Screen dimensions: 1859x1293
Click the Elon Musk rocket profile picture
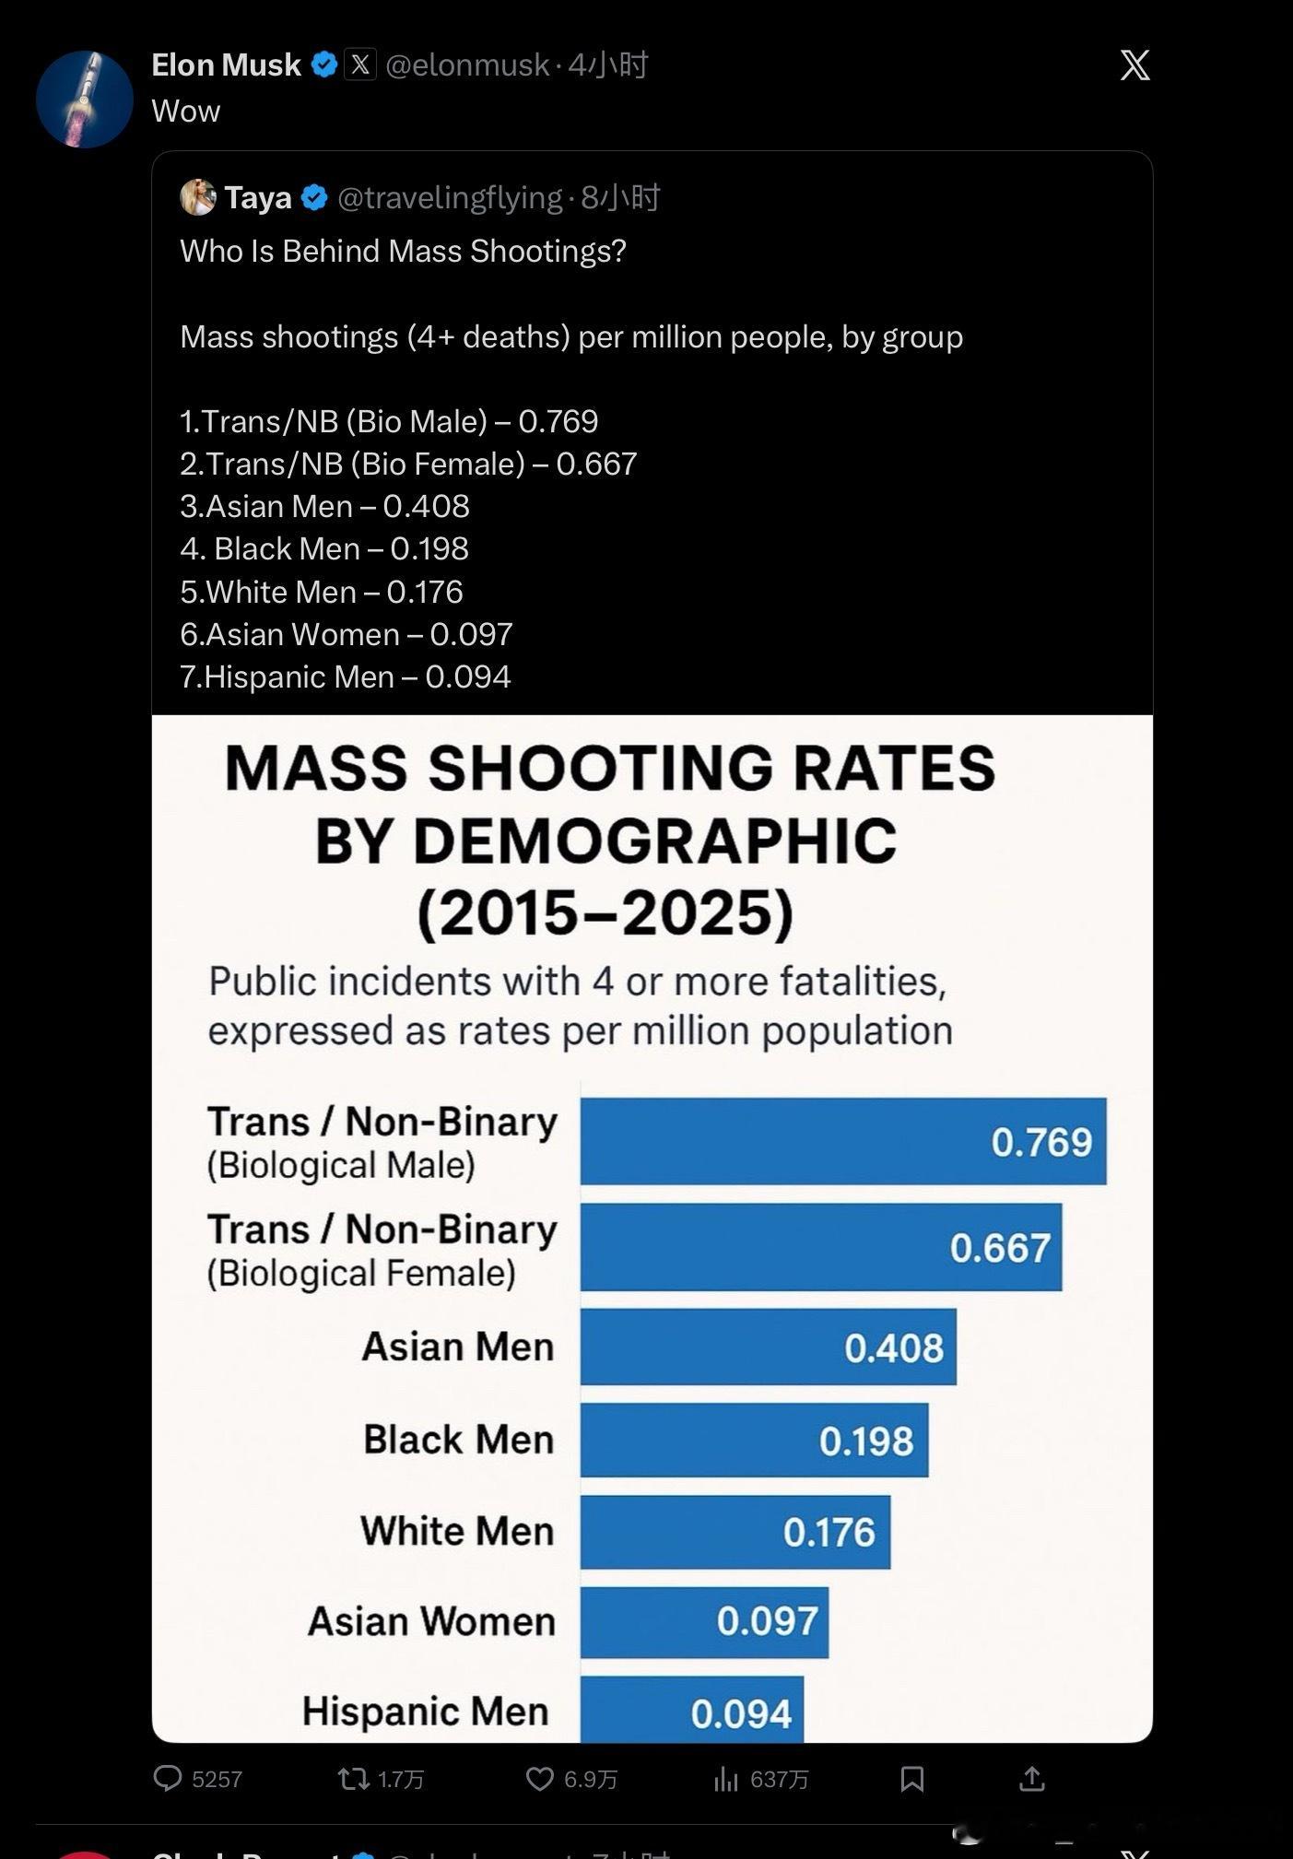(x=84, y=100)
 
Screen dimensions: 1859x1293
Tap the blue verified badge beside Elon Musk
(x=323, y=65)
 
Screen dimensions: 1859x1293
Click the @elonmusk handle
(x=467, y=65)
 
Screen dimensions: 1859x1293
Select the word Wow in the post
(x=186, y=112)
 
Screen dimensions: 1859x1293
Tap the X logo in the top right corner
(x=1134, y=65)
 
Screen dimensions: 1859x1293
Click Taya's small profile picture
(x=197, y=197)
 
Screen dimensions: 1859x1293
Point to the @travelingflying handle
(x=450, y=197)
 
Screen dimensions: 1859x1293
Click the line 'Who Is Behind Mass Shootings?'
(x=403, y=251)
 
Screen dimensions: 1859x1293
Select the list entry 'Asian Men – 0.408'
(x=325, y=506)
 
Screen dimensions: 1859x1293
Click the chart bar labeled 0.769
(x=842, y=1141)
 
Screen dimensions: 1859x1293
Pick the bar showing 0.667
(x=820, y=1247)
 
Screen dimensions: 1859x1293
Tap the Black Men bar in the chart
(x=754, y=1440)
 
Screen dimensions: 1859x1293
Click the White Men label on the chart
(x=457, y=1531)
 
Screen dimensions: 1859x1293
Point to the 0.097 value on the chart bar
(x=767, y=1621)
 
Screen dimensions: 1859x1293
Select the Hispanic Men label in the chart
(x=426, y=1712)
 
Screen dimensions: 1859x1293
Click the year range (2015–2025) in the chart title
(x=605, y=912)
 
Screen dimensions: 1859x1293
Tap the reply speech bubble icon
(x=168, y=1778)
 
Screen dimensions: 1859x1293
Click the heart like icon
(x=539, y=1778)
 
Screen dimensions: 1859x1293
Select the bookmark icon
(x=911, y=1778)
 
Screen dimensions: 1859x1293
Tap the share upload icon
(x=1032, y=1778)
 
